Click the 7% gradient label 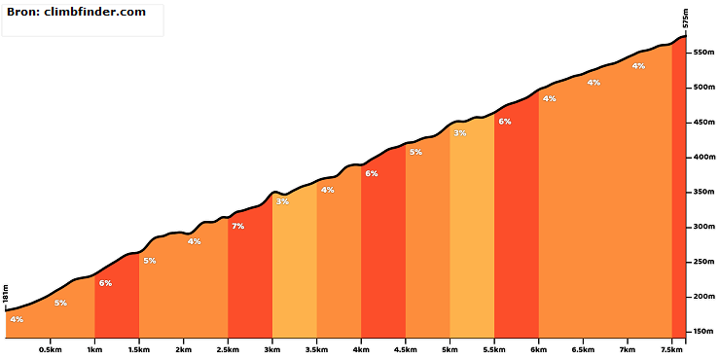pyautogui.click(x=237, y=226)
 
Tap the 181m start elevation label pyautogui.click(x=6, y=294)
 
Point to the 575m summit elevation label pyautogui.click(x=686, y=18)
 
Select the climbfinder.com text pyautogui.click(x=95, y=12)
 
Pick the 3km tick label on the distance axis pyautogui.click(x=272, y=348)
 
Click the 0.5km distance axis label pyautogui.click(x=50, y=348)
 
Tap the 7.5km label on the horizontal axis pyautogui.click(x=671, y=348)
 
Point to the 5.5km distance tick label pyautogui.click(x=494, y=348)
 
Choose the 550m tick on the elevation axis pyautogui.click(x=704, y=53)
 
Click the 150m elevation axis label pyautogui.click(x=704, y=332)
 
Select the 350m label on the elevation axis pyautogui.click(x=704, y=192)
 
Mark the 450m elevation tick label pyautogui.click(x=704, y=123)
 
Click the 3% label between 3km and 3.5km pyautogui.click(x=282, y=201)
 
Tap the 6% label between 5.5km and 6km pyautogui.click(x=505, y=122)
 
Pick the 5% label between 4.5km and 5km pyautogui.click(x=415, y=152)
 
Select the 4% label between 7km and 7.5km pyautogui.click(x=638, y=65)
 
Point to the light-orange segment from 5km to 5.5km pyautogui.click(x=472, y=229)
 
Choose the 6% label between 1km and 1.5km pyautogui.click(x=105, y=283)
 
